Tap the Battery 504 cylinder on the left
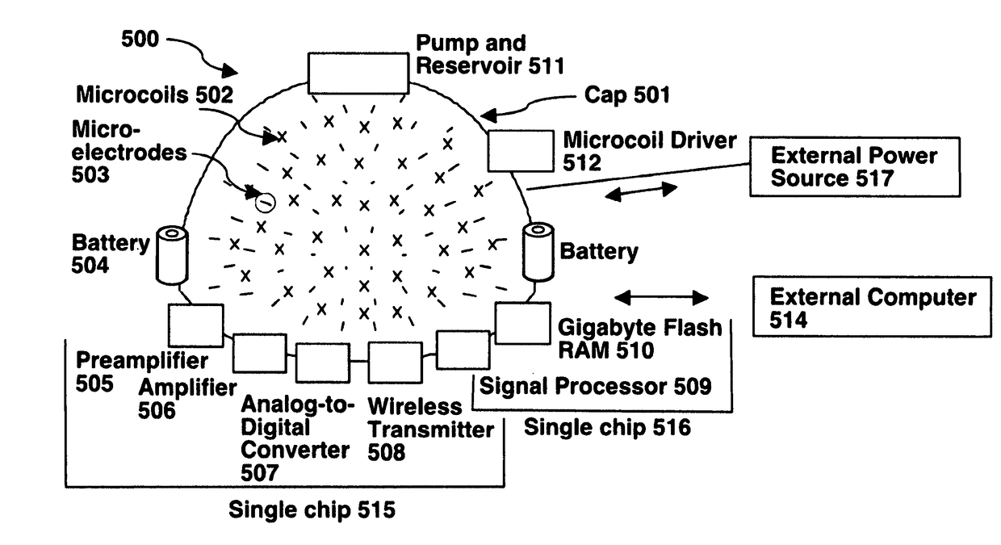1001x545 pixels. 172,255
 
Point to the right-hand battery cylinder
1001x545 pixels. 538,252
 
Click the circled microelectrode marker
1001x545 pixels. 265,203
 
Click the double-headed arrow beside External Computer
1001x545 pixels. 661,297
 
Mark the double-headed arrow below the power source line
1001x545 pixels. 641,191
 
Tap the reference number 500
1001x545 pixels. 140,39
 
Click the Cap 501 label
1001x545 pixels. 627,94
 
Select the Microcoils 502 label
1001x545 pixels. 155,94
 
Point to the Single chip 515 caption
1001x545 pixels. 312,509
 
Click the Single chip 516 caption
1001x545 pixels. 607,427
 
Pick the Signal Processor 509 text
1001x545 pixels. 595,386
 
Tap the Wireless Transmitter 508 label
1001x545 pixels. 430,430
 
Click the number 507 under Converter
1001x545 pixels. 260,473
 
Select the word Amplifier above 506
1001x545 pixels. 187,388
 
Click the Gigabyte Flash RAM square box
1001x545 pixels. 523,323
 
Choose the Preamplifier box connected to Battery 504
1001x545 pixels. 195,325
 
